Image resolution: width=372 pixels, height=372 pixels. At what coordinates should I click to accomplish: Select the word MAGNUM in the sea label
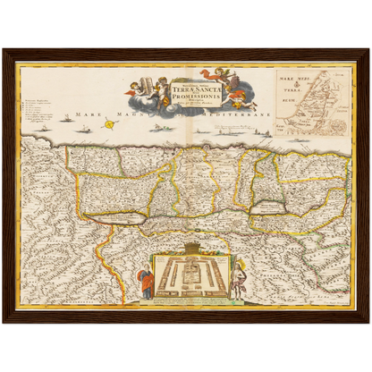[x=132, y=114]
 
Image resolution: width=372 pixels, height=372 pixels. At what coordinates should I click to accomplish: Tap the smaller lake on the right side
[x=270, y=207]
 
